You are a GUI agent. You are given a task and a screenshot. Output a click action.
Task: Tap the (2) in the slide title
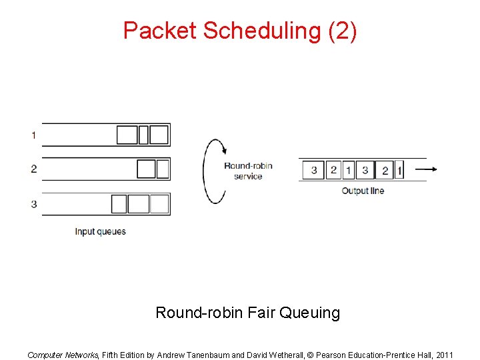coord(343,31)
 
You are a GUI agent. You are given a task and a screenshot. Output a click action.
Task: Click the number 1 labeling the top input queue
coord(33,135)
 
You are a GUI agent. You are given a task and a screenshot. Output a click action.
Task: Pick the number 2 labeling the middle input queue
coord(33,169)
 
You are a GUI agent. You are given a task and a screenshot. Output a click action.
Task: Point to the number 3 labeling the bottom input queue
coord(33,204)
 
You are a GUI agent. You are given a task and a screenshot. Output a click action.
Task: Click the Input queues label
coord(100,232)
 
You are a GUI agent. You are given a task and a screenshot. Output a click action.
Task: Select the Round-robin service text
coord(248,171)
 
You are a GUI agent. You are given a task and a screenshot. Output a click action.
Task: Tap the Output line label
coord(363,191)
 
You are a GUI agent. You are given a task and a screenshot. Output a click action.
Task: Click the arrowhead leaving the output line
coord(433,170)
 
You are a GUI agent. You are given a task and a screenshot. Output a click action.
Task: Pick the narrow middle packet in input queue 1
coord(143,135)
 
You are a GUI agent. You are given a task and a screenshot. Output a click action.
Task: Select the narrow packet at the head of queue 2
coord(163,169)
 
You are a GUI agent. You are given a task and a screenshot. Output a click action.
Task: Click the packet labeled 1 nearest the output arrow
coord(399,170)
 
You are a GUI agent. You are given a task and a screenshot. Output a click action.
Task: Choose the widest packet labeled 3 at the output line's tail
coord(314,170)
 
